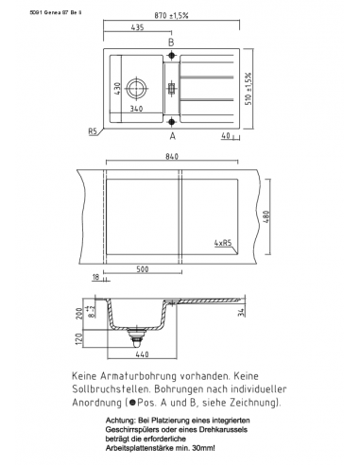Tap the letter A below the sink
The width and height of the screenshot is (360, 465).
pyautogui.click(x=172, y=134)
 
